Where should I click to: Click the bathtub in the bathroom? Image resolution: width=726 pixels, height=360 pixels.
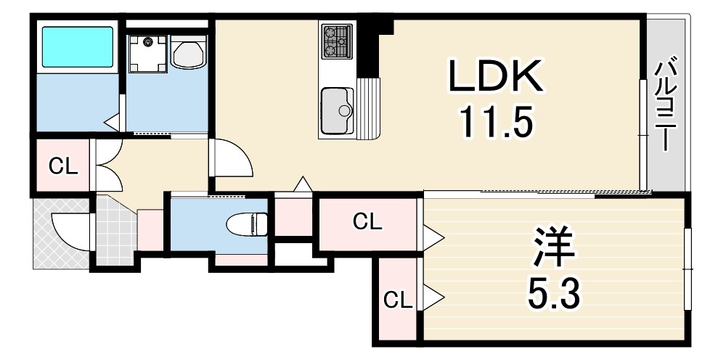tap(78, 46)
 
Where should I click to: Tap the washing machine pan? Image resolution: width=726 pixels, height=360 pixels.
tap(147, 54)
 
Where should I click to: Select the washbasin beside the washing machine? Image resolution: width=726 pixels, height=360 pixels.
tap(189, 52)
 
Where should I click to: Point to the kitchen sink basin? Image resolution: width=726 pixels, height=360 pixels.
tap(337, 110)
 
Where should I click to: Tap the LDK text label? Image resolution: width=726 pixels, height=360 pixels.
tap(495, 77)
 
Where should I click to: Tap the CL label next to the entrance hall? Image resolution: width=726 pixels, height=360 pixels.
tap(63, 167)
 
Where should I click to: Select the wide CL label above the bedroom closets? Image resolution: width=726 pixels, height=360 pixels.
tap(367, 223)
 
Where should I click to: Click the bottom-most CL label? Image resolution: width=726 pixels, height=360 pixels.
tap(398, 302)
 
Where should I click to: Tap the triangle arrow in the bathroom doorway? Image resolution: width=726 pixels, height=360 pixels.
tap(112, 123)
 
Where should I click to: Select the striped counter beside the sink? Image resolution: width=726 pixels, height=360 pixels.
tap(368, 108)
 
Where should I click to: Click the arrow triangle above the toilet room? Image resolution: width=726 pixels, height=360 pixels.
tap(303, 184)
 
